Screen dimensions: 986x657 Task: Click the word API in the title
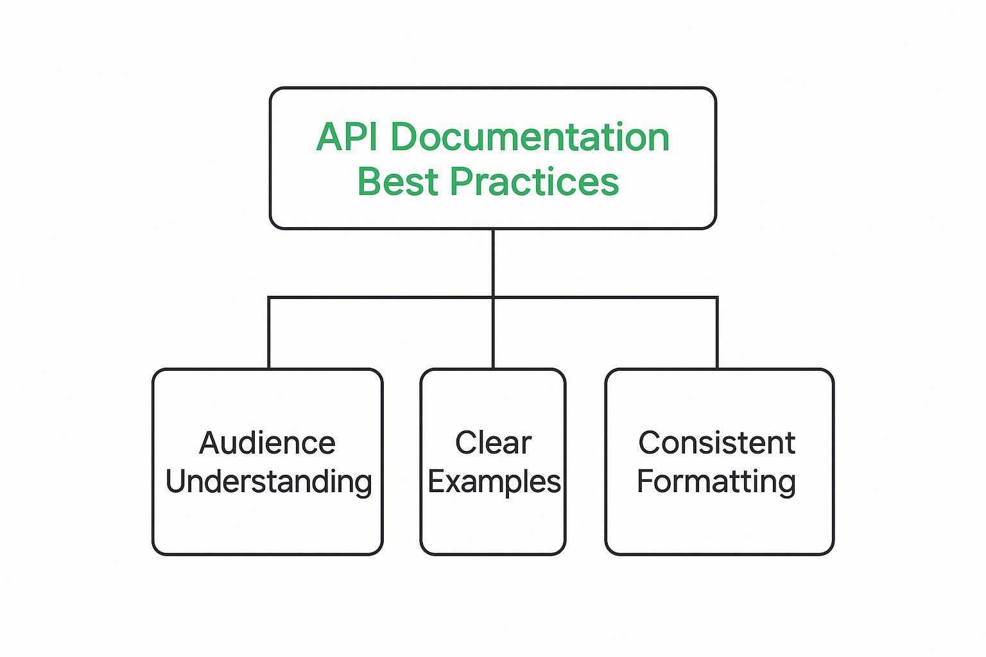(347, 137)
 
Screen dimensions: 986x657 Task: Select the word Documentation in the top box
(530, 137)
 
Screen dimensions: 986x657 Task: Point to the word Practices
(534, 181)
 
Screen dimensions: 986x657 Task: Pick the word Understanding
(268, 482)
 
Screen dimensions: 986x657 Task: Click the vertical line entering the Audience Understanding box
(269, 333)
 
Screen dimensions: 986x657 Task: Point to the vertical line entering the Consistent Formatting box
(717, 333)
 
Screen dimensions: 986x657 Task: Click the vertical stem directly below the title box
(493, 262)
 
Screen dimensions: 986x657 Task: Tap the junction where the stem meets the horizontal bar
(493, 298)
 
